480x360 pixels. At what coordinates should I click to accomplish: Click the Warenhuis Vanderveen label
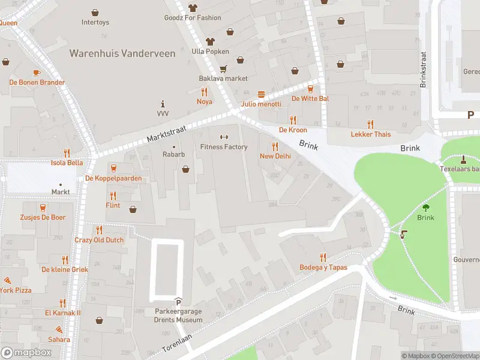click(x=122, y=53)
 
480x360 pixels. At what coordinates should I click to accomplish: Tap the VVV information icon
click(x=163, y=103)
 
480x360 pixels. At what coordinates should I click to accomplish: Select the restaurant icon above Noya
click(x=205, y=92)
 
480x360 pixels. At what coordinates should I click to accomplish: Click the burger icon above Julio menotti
click(x=261, y=94)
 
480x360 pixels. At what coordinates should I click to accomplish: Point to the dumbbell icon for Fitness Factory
click(x=224, y=137)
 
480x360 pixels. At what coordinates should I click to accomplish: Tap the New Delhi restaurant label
click(x=275, y=156)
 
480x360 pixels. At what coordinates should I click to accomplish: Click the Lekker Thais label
click(x=370, y=134)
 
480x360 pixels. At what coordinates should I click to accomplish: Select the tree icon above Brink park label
click(x=425, y=208)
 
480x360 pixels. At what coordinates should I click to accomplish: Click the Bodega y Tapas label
click(x=323, y=267)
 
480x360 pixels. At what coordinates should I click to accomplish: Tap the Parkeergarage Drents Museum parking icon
click(x=178, y=301)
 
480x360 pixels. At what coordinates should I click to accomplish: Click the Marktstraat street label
click(x=167, y=134)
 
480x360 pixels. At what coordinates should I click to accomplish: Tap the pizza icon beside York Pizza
click(x=7, y=280)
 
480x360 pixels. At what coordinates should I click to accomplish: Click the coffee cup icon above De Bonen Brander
click(x=37, y=73)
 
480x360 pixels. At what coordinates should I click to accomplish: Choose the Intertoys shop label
click(x=95, y=22)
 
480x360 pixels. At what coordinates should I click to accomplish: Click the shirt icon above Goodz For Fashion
click(x=193, y=8)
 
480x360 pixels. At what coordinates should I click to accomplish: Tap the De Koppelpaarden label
click(x=113, y=178)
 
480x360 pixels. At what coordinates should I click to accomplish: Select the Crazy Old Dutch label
click(x=99, y=240)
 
